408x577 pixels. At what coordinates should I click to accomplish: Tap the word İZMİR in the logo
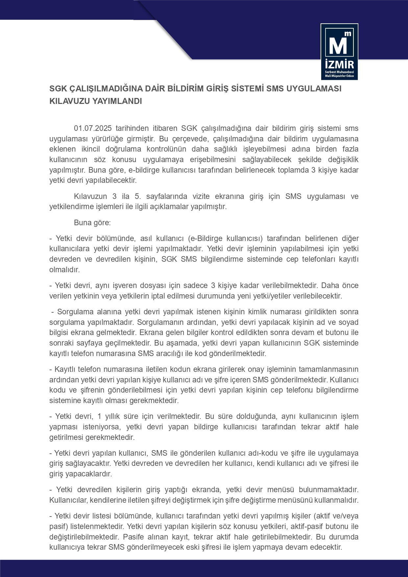click(x=339, y=64)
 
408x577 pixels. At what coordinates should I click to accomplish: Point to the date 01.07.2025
click(x=93, y=128)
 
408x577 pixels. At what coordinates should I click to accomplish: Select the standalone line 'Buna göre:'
click(x=92, y=223)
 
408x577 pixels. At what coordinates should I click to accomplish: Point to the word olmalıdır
click(x=64, y=270)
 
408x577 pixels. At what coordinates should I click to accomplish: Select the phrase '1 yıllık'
click(x=108, y=417)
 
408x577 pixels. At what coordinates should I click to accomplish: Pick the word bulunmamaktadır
click(x=332, y=490)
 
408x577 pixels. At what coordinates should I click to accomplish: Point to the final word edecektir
click(x=327, y=548)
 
